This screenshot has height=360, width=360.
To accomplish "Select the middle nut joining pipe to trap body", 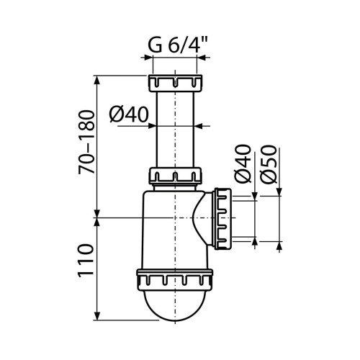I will coord(176,176).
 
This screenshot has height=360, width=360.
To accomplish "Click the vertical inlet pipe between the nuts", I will coord(176,130).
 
